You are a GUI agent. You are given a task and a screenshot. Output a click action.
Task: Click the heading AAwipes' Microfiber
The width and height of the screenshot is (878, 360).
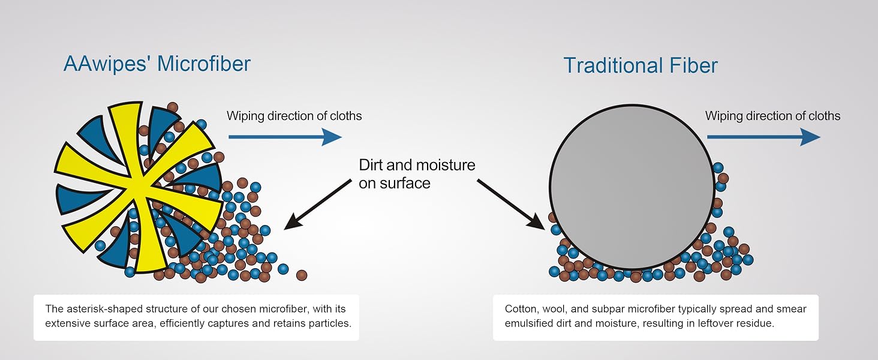coord(157,64)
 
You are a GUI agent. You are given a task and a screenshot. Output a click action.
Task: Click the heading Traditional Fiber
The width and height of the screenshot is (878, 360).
coord(641,65)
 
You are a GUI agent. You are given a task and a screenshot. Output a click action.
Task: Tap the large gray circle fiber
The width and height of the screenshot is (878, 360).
coord(632,187)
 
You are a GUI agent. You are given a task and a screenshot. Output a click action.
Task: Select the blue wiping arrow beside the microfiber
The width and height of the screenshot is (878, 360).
coord(285,137)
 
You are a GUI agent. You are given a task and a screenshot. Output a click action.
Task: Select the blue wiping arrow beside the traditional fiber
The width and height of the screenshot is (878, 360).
coord(763,137)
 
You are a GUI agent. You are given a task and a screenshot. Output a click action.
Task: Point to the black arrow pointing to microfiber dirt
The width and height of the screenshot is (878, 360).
coord(317,205)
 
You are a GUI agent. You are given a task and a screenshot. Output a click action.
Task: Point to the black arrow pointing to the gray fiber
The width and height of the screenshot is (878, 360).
coord(511,205)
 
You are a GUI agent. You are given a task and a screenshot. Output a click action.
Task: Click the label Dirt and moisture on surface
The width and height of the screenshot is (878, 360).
coord(417,174)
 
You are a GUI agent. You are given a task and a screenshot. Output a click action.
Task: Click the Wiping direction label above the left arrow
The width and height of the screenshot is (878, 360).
coord(294,116)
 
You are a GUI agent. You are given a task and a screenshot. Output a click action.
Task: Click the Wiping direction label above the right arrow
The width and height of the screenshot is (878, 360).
coord(772,116)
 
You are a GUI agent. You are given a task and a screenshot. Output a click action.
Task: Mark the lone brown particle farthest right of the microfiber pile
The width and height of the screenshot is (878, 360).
coord(302,275)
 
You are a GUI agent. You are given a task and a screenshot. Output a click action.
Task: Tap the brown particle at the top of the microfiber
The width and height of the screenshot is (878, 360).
coord(173,107)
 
